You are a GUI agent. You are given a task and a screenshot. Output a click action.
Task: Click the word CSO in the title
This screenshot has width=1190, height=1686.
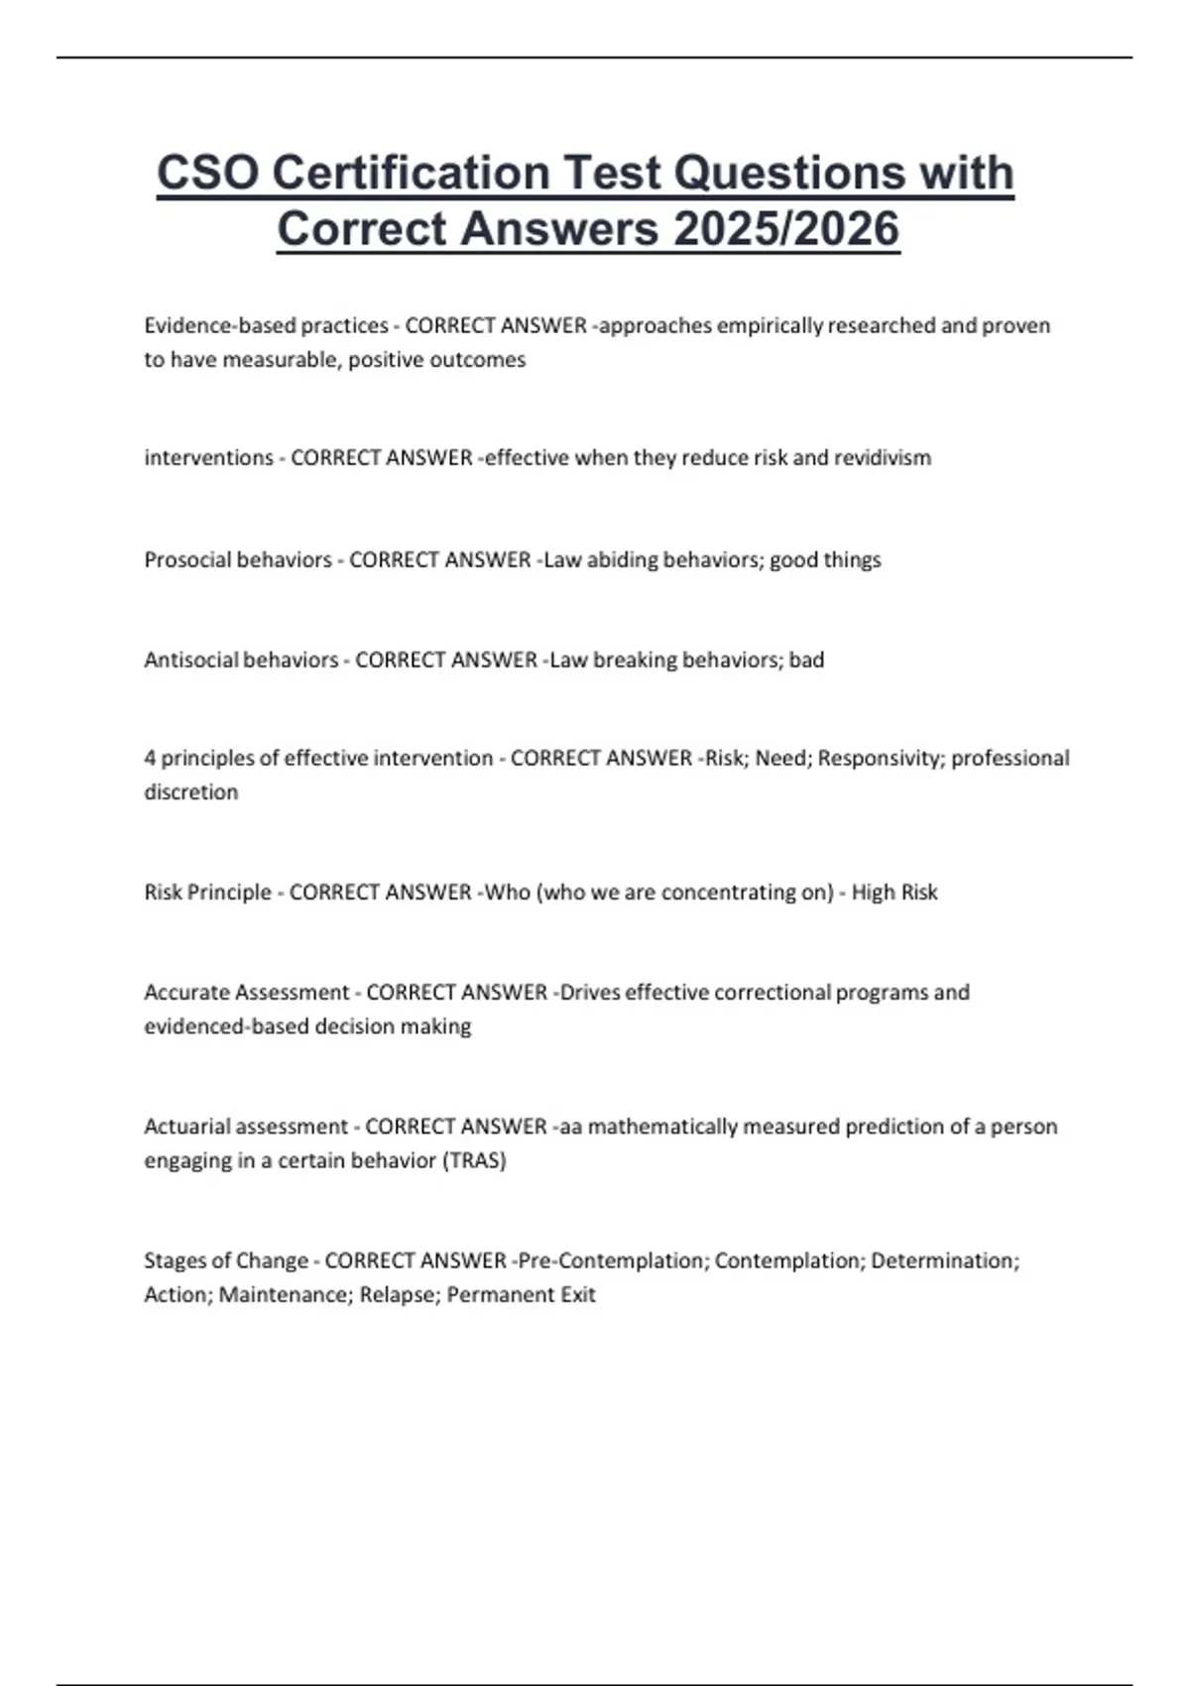point(207,174)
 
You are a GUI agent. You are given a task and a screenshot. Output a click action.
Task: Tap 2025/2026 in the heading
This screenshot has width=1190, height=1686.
point(785,229)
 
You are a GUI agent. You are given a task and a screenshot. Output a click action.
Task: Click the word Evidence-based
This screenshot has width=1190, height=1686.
point(219,326)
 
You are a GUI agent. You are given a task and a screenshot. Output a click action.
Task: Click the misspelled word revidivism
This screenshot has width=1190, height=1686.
point(882,458)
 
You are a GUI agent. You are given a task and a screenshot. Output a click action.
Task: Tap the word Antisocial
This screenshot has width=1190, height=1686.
point(190,661)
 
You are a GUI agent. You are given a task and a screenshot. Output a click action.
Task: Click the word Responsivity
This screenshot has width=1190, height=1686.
point(881,759)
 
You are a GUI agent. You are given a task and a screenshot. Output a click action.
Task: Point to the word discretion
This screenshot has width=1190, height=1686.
point(190,792)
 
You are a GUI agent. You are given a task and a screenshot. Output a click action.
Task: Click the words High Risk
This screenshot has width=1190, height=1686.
point(894,893)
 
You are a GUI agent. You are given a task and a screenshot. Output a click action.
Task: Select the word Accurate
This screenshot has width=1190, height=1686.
point(184,993)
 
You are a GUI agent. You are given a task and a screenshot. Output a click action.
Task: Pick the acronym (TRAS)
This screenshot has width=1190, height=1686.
point(473,1160)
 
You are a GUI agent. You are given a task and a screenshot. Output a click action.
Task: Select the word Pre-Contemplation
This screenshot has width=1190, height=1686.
point(612,1262)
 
